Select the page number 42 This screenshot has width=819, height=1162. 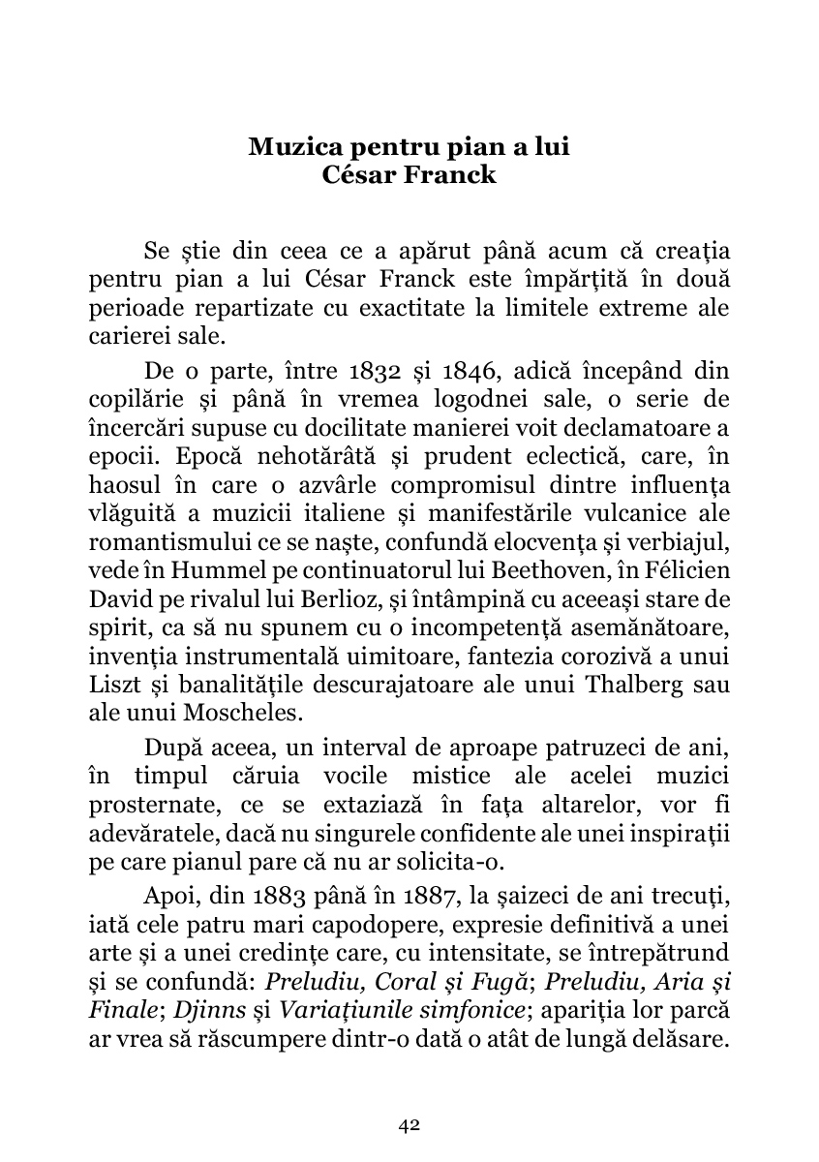(409, 1124)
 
